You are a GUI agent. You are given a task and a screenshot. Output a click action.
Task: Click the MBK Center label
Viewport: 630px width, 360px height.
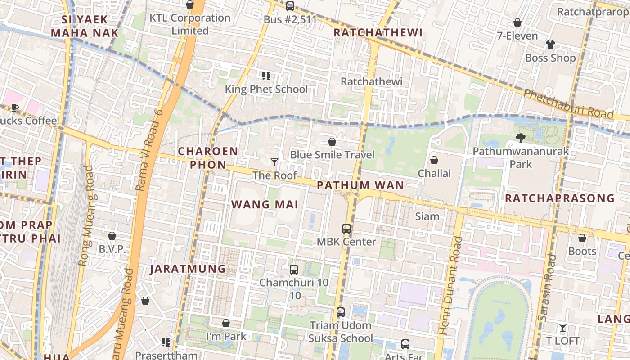pos(346,242)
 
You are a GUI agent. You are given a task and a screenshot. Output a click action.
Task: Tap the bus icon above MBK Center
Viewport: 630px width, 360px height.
pos(346,228)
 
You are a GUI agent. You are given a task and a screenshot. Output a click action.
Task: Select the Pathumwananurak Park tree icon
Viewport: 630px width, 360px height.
pos(521,138)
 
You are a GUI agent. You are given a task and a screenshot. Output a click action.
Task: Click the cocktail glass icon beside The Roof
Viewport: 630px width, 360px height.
pos(274,162)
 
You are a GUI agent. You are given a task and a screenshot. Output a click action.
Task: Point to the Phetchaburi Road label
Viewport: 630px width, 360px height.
pos(569,104)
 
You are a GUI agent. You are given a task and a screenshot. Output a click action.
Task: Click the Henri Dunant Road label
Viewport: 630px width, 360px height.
pos(451,286)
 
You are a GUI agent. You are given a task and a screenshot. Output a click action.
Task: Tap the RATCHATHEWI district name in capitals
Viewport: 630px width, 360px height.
pos(378,32)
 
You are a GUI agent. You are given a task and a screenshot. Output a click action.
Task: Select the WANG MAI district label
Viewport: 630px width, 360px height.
pos(265,205)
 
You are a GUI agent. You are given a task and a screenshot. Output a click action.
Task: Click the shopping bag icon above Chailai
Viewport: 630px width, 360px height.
pos(434,160)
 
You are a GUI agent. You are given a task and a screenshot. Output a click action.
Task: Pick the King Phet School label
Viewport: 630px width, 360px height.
pos(266,89)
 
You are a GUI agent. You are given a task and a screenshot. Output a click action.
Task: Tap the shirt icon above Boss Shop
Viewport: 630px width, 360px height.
pos(550,44)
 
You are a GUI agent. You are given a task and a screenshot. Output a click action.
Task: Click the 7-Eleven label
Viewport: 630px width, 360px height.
pos(517,36)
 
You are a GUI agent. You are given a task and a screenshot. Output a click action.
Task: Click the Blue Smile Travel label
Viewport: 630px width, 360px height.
pos(332,155)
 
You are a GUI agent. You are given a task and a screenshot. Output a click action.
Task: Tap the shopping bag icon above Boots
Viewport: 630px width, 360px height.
pos(582,238)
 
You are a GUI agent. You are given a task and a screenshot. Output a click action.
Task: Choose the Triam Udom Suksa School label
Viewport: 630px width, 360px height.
pos(341,332)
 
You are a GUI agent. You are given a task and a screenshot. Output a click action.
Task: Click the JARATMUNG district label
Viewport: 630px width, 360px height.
pos(188,269)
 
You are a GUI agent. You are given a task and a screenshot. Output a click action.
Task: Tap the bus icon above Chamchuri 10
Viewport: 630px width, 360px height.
pos(294,270)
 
